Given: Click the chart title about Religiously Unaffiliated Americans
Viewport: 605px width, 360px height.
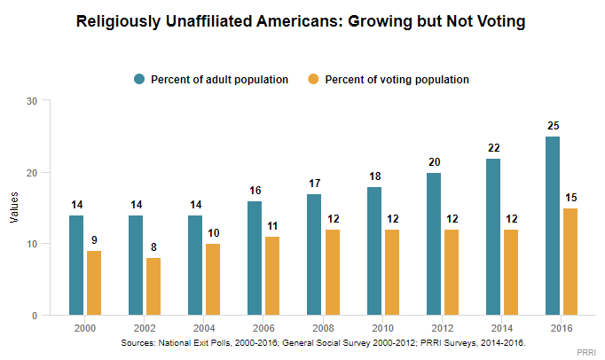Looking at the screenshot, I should coord(302,21).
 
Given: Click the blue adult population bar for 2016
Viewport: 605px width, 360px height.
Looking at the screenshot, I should coord(553,226).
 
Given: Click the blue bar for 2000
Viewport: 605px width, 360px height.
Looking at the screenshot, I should coord(77,265).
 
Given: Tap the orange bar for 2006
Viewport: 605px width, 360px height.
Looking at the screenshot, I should coord(273,276).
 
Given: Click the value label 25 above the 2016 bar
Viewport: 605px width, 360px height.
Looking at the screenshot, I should coord(553,127).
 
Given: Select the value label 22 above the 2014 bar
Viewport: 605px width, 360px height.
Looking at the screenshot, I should coord(494,148).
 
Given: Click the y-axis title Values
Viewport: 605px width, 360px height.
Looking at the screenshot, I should coord(12,208).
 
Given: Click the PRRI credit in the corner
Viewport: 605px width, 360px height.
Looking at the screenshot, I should coord(587,352).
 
